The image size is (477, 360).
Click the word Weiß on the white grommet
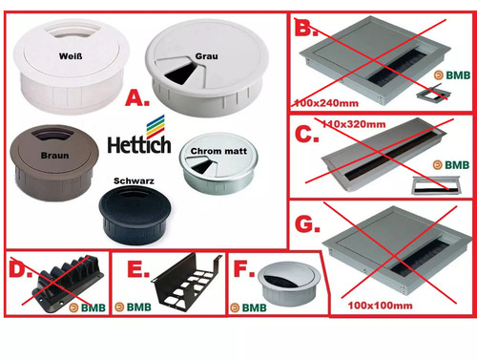[x=71, y=56]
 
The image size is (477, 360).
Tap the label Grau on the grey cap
[x=207, y=56]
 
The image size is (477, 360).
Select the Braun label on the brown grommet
[x=54, y=156]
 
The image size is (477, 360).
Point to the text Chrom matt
[x=218, y=151]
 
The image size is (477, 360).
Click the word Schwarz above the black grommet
[x=134, y=180]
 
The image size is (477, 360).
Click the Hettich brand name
[x=139, y=145]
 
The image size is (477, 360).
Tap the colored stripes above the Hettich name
[x=156, y=126]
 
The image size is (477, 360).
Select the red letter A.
[x=137, y=97]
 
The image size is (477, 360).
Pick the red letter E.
[x=138, y=269]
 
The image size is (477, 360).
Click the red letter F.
[x=244, y=268]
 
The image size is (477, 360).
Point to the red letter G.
[x=307, y=224]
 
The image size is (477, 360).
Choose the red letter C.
[x=307, y=134]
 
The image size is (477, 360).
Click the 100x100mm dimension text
[x=381, y=306]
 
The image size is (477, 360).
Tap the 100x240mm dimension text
[x=326, y=103]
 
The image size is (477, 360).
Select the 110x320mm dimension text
[x=354, y=124]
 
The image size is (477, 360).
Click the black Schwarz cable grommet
[x=135, y=215]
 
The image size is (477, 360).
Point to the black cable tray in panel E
[x=187, y=279]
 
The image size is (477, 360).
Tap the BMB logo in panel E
[x=134, y=307]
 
